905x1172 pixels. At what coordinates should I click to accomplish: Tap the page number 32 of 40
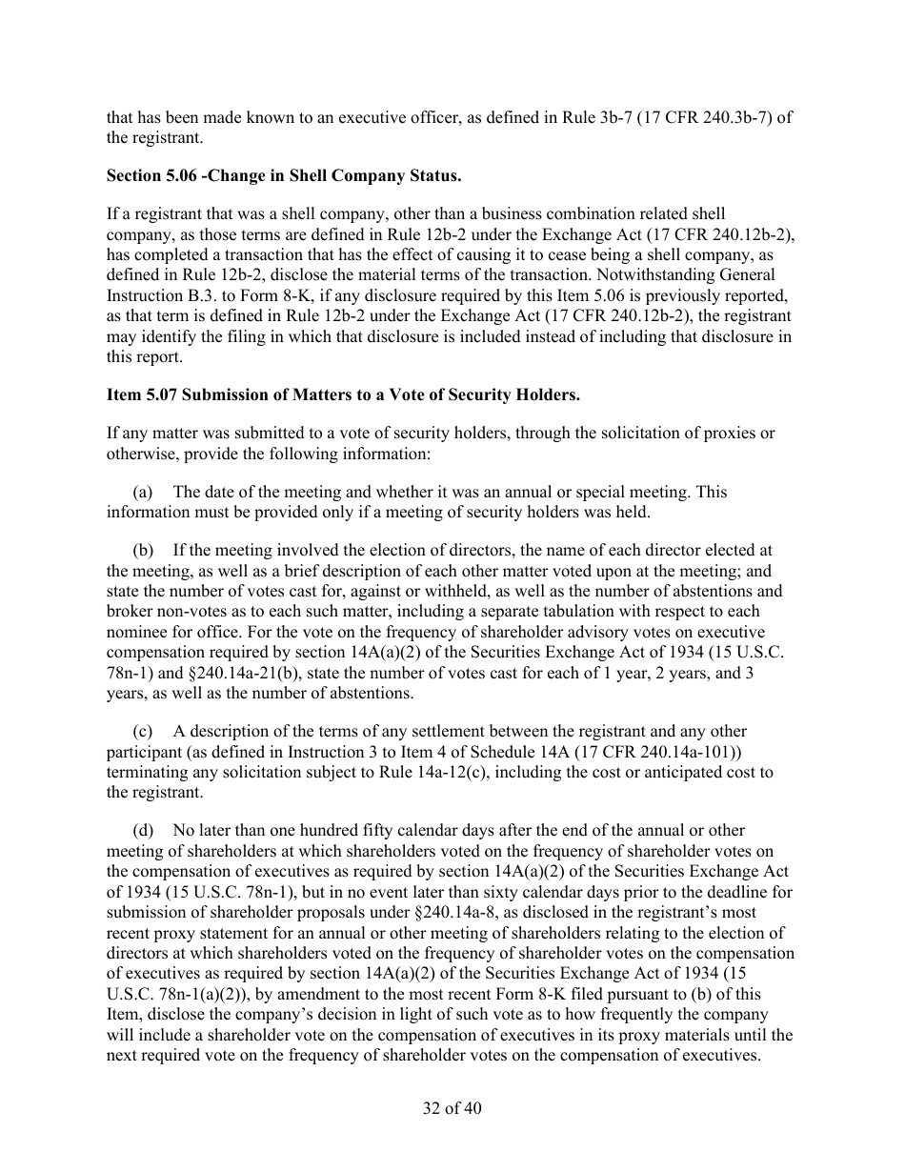tap(452, 1108)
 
